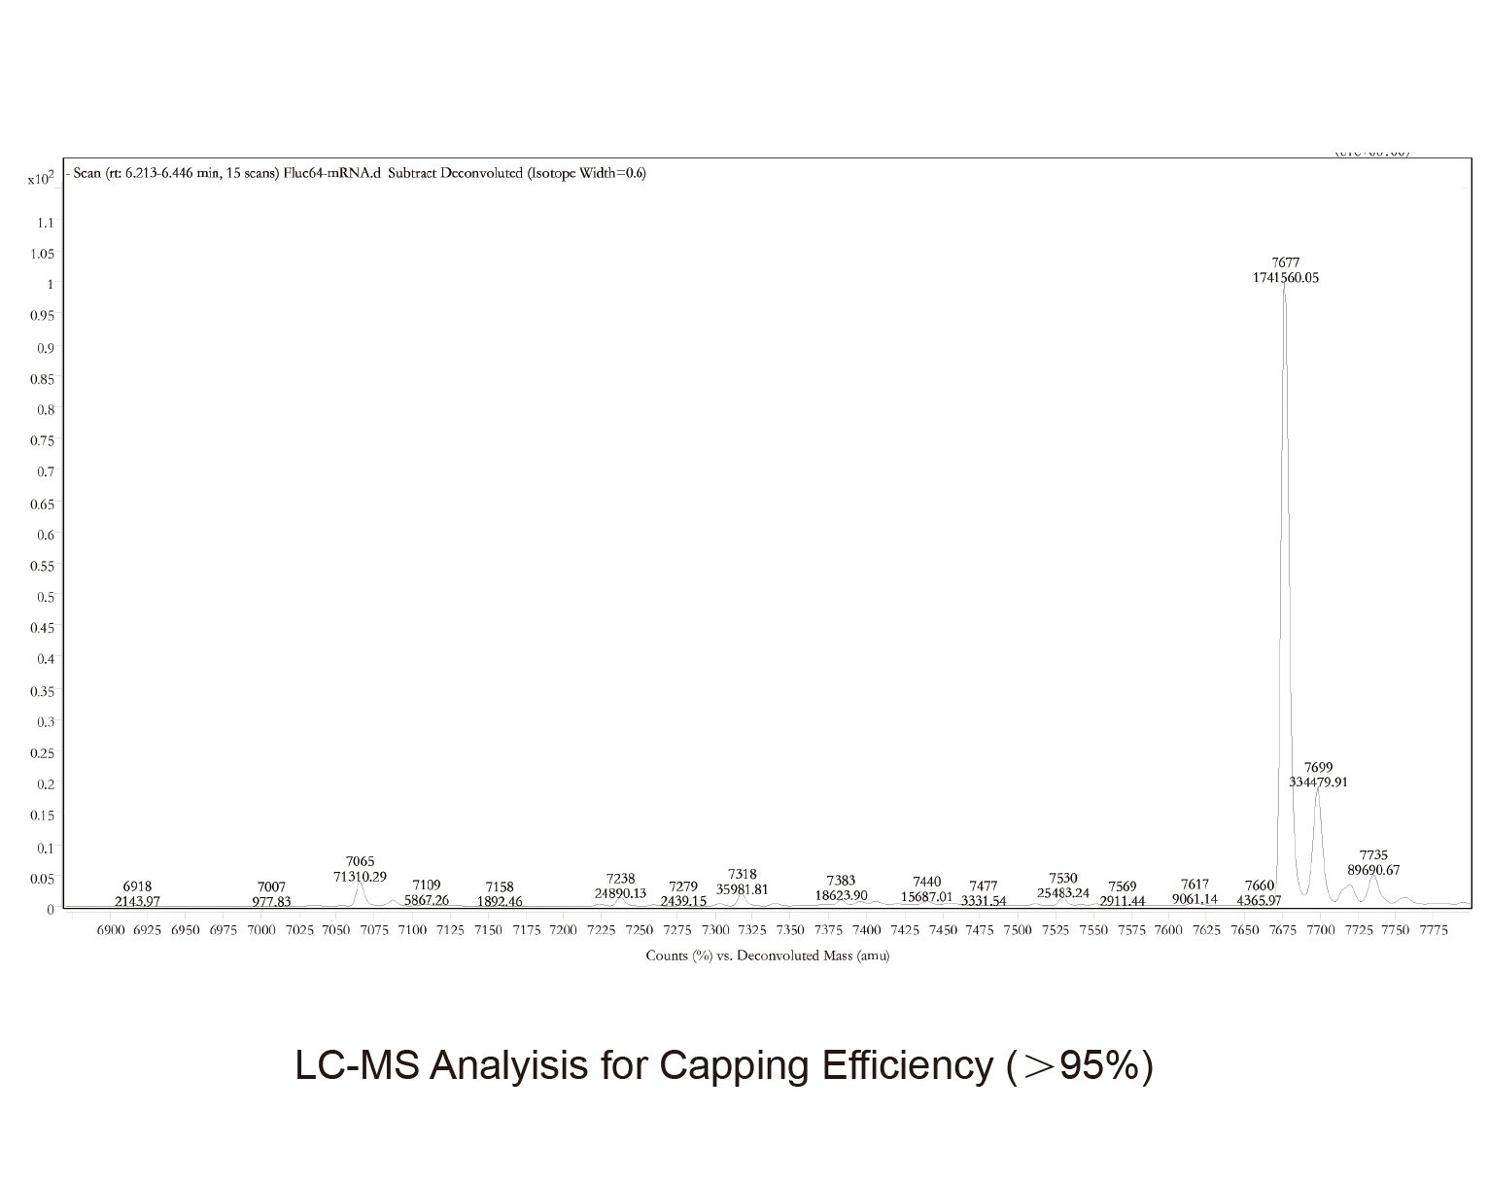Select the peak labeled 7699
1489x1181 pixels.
pyautogui.click(x=1318, y=789)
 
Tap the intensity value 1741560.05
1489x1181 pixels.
pyautogui.click(x=1286, y=277)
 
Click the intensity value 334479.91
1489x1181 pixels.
pyautogui.click(x=1318, y=782)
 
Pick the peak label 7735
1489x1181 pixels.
pyautogui.click(x=1373, y=855)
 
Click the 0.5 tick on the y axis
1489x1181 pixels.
pyautogui.click(x=45, y=596)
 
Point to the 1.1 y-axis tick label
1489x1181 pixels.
pyautogui.click(x=45, y=223)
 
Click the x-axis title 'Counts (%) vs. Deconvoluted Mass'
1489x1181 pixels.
pyautogui.click(x=767, y=955)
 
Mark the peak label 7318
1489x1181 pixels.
pyautogui.click(x=743, y=875)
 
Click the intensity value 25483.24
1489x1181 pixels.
pyautogui.click(x=1063, y=892)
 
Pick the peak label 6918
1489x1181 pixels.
pyautogui.click(x=137, y=886)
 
